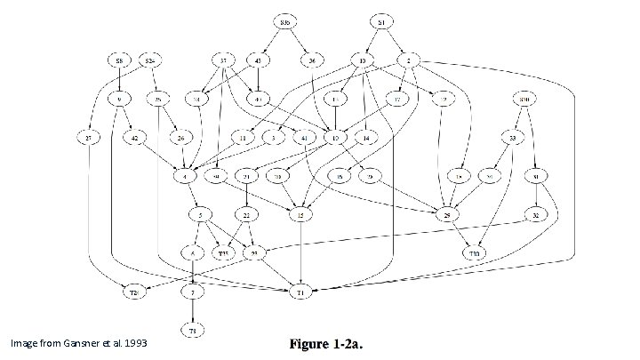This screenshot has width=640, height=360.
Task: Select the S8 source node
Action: click(119, 60)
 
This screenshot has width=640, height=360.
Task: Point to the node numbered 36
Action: click(312, 60)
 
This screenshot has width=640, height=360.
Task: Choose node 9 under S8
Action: click(119, 98)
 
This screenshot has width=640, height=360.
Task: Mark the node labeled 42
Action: click(134, 138)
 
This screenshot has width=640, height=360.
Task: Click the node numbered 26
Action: click(182, 138)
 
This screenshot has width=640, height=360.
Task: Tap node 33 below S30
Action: click(514, 138)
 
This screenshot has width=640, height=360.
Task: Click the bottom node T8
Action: click(192, 329)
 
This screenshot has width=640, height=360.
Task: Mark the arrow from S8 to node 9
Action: click(119, 79)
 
